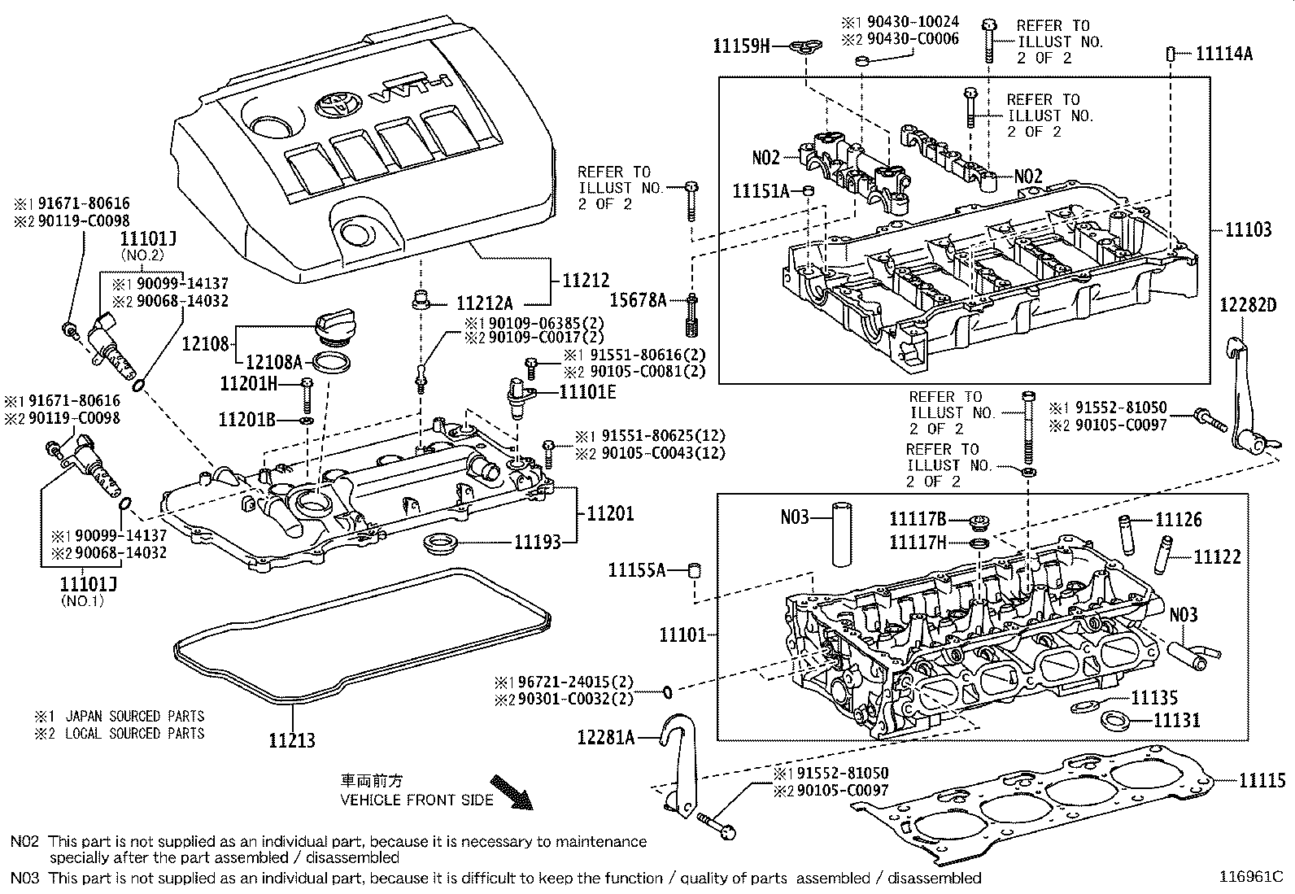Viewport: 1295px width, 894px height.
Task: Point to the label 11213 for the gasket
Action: (292, 740)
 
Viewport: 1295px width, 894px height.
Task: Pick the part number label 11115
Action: (1262, 781)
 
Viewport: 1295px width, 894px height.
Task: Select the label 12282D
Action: (1249, 305)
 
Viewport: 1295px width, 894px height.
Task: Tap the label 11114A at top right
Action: (1224, 54)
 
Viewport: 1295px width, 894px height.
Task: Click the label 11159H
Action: (740, 46)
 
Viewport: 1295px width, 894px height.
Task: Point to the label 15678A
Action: (642, 301)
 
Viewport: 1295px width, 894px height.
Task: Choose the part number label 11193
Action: (536, 542)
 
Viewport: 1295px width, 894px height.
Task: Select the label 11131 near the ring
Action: (1177, 720)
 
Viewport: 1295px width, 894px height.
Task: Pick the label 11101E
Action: (587, 392)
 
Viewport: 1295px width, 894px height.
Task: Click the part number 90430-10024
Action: (913, 22)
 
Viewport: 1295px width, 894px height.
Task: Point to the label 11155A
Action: (636, 570)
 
